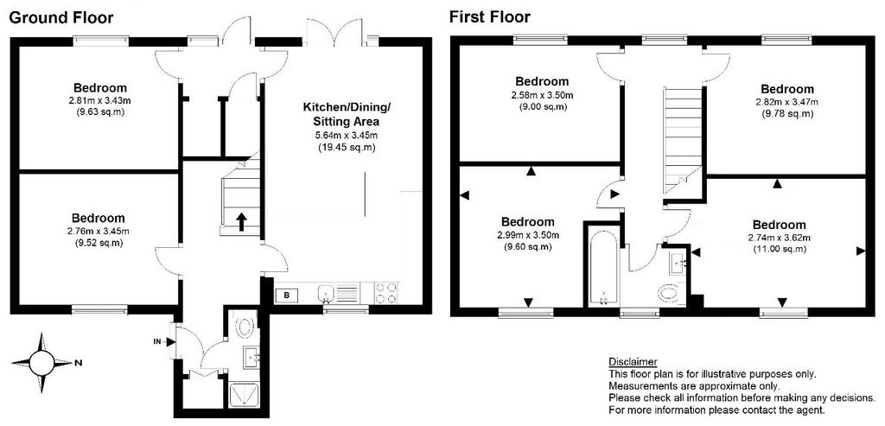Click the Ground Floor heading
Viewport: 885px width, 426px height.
click(61, 17)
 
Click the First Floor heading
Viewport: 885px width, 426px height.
click(490, 17)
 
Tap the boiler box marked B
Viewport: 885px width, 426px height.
click(287, 295)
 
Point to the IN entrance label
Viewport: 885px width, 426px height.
click(159, 341)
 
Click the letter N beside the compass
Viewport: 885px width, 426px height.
click(76, 363)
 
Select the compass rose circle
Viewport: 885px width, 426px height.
click(41, 363)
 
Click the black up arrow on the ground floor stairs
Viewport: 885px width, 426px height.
click(241, 221)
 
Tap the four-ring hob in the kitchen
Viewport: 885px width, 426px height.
click(386, 293)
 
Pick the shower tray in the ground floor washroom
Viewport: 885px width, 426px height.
click(244, 396)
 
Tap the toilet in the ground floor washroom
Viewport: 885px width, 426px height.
click(245, 326)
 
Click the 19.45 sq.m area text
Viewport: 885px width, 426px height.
click(347, 148)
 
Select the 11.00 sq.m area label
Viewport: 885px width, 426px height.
click(779, 249)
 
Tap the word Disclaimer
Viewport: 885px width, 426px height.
click(632, 362)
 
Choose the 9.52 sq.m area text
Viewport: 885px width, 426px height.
click(99, 244)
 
